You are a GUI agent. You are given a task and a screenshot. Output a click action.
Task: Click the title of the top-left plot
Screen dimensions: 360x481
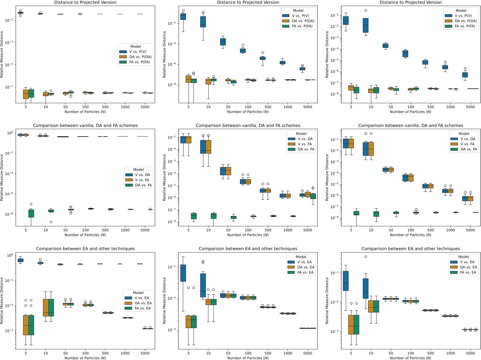[x=85, y=2]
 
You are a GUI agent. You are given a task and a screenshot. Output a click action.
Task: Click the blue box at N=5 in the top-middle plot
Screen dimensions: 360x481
[x=183, y=17]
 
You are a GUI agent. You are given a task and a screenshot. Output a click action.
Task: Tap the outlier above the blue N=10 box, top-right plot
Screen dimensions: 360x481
[x=366, y=11]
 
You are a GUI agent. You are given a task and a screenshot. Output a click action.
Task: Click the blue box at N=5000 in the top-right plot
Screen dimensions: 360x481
[x=465, y=74]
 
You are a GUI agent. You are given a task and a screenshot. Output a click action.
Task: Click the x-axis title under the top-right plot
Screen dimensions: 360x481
[x=411, y=112]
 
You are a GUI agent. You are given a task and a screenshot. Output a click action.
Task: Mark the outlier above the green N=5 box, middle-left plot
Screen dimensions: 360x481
[x=31, y=204]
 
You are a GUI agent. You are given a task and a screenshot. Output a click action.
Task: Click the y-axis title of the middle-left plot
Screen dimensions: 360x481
[x=2, y=177]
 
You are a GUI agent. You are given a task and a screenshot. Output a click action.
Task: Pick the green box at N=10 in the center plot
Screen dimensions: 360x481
[x=213, y=216]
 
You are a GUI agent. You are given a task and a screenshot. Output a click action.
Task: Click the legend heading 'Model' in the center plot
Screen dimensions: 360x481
[x=301, y=134]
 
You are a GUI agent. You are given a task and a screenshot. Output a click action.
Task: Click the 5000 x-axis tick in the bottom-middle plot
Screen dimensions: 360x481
[x=308, y=353]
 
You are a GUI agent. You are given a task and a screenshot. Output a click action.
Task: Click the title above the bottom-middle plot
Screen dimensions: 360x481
[x=248, y=249]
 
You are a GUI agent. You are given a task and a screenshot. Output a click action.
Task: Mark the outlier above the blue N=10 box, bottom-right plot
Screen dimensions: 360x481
[x=366, y=257]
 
